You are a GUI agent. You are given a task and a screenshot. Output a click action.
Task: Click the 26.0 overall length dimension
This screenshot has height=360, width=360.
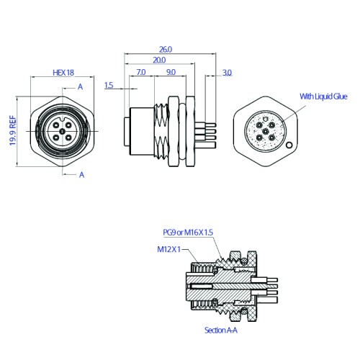(x=166, y=50)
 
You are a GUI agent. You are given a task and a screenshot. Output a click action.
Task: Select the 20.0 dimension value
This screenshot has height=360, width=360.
(x=159, y=60)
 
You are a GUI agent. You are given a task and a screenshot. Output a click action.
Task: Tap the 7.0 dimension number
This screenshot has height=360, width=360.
(x=141, y=72)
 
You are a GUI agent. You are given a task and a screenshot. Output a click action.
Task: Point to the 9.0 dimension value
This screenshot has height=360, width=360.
(x=171, y=72)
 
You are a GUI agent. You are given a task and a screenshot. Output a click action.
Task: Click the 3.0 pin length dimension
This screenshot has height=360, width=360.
(x=227, y=73)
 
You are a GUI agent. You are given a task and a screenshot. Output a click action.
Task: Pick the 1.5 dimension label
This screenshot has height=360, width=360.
(x=109, y=85)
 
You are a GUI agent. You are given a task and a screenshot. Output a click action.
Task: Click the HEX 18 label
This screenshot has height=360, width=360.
(x=63, y=73)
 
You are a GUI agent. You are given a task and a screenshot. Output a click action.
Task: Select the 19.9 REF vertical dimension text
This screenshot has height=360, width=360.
(x=13, y=131)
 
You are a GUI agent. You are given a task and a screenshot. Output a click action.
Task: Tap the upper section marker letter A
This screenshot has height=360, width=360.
(x=81, y=86)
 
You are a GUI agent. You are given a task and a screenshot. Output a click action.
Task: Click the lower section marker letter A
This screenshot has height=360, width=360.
(x=82, y=175)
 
